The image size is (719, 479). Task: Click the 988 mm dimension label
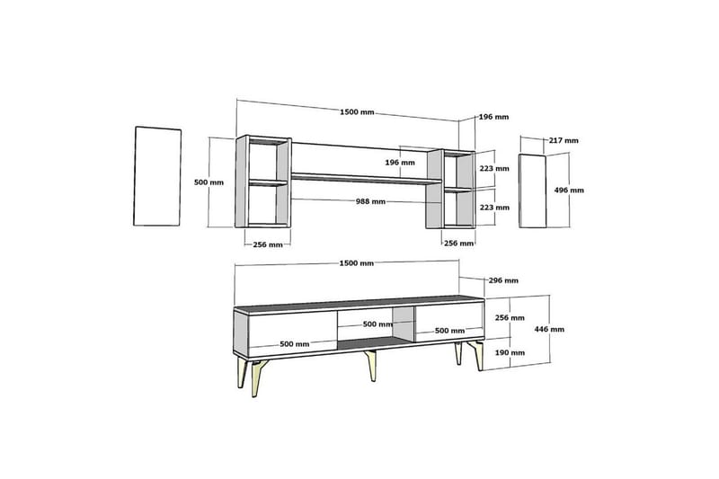370,201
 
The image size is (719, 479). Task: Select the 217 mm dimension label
564,141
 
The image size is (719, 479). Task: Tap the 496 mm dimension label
569,191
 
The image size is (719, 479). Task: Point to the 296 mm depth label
503,280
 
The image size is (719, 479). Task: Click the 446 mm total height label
549,329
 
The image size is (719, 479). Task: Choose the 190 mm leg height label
510,352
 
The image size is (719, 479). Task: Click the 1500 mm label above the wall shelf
357,112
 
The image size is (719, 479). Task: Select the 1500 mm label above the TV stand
356,263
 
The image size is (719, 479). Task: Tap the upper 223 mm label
494,168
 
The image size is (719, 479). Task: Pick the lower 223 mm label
494,208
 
